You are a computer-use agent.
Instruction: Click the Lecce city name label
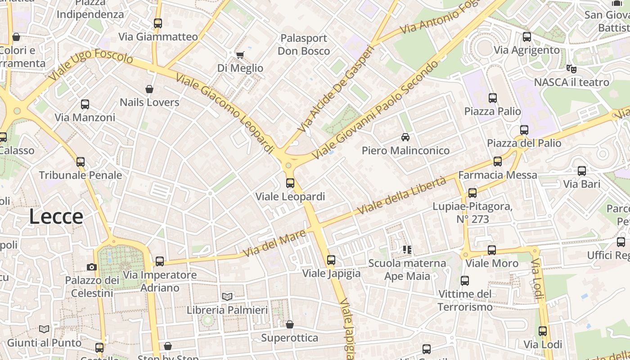pyautogui.click(x=56, y=216)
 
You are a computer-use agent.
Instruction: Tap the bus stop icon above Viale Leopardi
pyautogui.click(x=290, y=183)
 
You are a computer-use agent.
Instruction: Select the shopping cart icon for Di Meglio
pyautogui.click(x=240, y=55)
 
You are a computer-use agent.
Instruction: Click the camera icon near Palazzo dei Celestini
pyautogui.click(x=92, y=267)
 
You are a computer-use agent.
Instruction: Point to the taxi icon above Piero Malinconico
pyautogui.click(x=405, y=137)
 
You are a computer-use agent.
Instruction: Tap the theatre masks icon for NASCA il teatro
pyautogui.click(x=571, y=69)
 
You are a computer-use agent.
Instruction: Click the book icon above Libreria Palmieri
pyautogui.click(x=227, y=297)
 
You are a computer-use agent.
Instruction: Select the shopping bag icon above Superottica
pyautogui.click(x=290, y=324)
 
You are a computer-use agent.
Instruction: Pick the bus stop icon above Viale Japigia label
pyautogui.click(x=331, y=260)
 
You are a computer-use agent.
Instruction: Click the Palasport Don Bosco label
pyautogui.click(x=304, y=45)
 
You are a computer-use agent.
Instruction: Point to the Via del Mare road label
pyautogui.click(x=274, y=244)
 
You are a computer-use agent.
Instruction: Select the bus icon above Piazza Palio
pyautogui.click(x=493, y=98)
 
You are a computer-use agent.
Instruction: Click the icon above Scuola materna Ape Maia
pyautogui.click(x=407, y=249)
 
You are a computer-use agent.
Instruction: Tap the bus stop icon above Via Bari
pyautogui.click(x=582, y=171)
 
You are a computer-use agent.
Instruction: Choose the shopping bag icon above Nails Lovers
pyautogui.click(x=149, y=89)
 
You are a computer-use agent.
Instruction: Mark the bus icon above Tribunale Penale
pyautogui.click(x=81, y=162)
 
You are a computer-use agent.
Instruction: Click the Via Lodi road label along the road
pyautogui.click(x=536, y=279)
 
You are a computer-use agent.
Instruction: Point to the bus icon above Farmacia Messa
pyautogui.click(x=498, y=161)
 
